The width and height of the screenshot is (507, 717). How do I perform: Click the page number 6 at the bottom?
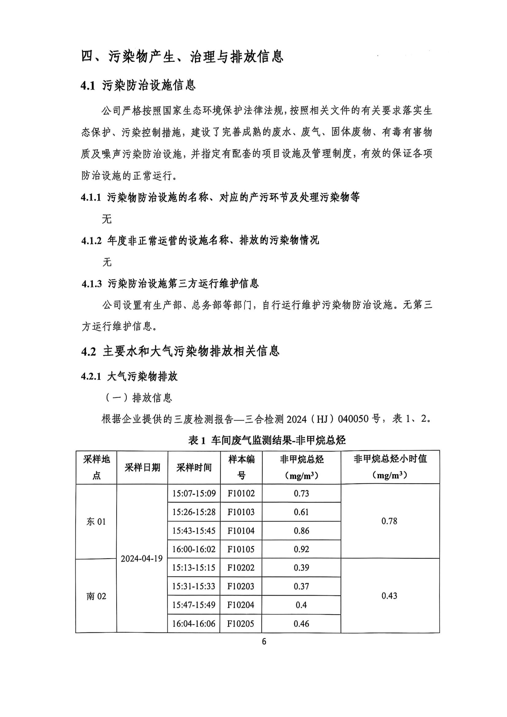(264, 641)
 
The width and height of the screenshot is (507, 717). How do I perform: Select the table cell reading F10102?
(241, 494)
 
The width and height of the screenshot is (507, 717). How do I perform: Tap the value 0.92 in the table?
(301, 549)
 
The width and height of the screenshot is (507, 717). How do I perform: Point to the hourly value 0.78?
(389, 521)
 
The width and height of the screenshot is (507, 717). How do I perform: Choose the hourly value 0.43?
(389, 596)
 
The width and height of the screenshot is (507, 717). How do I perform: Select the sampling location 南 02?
(96, 596)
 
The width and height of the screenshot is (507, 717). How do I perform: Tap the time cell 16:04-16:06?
(194, 624)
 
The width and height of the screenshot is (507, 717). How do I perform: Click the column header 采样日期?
(142, 467)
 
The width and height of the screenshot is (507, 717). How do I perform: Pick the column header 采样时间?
(194, 467)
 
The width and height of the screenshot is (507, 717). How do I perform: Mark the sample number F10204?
(241, 605)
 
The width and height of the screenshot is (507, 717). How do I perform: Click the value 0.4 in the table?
(301, 605)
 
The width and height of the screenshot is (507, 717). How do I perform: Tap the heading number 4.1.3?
(91, 284)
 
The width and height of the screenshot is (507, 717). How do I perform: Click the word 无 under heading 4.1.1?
(107, 219)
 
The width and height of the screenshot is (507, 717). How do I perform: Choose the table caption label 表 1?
(197, 440)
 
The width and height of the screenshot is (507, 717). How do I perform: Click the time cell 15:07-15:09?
(194, 494)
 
